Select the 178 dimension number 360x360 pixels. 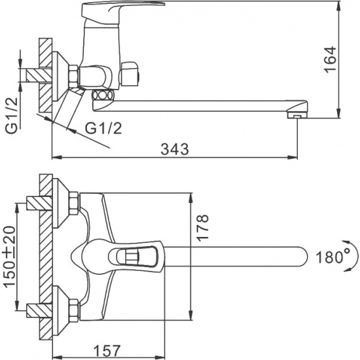[202, 230]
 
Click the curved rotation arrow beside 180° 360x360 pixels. [353, 256]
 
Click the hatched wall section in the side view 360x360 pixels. [45, 72]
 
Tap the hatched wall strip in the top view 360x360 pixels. [45, 255]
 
